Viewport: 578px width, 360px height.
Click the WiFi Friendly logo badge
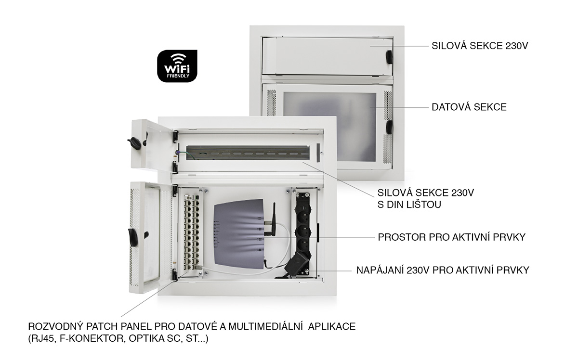[177, 66]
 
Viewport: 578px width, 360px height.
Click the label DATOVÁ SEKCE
[469, 107]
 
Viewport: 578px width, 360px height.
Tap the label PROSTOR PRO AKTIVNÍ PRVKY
[452, 237]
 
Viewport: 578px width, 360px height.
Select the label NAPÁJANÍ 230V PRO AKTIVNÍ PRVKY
[443, 270]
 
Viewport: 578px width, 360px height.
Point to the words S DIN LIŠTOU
[409, 205]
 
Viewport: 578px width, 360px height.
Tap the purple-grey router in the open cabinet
[239, 234]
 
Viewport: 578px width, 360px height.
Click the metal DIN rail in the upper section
[248, 153]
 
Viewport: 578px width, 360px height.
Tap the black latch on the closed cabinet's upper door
[389, 57]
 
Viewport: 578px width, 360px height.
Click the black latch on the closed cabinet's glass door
[389, 127]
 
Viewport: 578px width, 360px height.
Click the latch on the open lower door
[132, 237]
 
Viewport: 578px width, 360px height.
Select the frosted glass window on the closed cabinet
[330, 127]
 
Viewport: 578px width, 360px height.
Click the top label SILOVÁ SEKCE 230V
[480, 46]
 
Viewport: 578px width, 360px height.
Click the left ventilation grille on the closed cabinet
[271, 103]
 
